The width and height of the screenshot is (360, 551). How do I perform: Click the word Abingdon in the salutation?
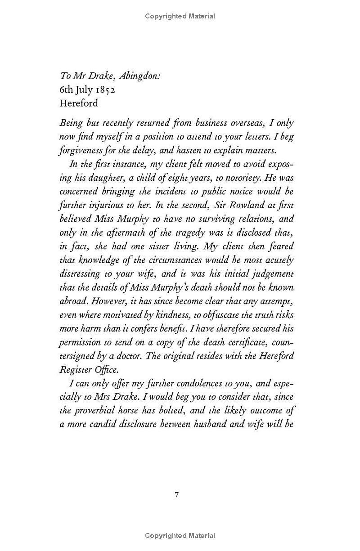(x=134, y=76)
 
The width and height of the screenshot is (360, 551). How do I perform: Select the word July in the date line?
(x=81, y=90)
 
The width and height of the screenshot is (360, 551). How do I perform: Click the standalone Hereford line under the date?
(x=79, y=103)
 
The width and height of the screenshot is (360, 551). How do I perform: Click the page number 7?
(x=177, y=495)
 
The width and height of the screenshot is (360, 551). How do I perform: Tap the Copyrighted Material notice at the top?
(x=180, y=16)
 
